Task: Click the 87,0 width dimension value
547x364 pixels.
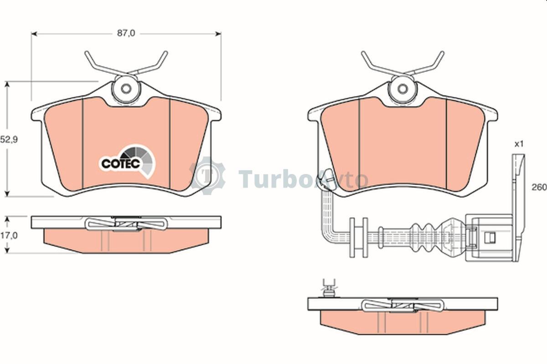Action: tap(126, 33)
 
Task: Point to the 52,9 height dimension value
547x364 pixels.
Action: tap(9, 140)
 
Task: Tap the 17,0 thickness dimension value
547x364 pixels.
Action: tap(9, 236)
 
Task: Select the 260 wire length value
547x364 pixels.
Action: tap(539, 187)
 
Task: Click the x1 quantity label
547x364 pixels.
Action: tap(519, 144)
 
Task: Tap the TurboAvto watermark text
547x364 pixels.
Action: tap(303, 179)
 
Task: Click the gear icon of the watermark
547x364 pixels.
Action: tap(207, 176)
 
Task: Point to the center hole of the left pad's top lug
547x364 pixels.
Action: tap(126, 89)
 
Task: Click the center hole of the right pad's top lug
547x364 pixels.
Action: tap(403, 89)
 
